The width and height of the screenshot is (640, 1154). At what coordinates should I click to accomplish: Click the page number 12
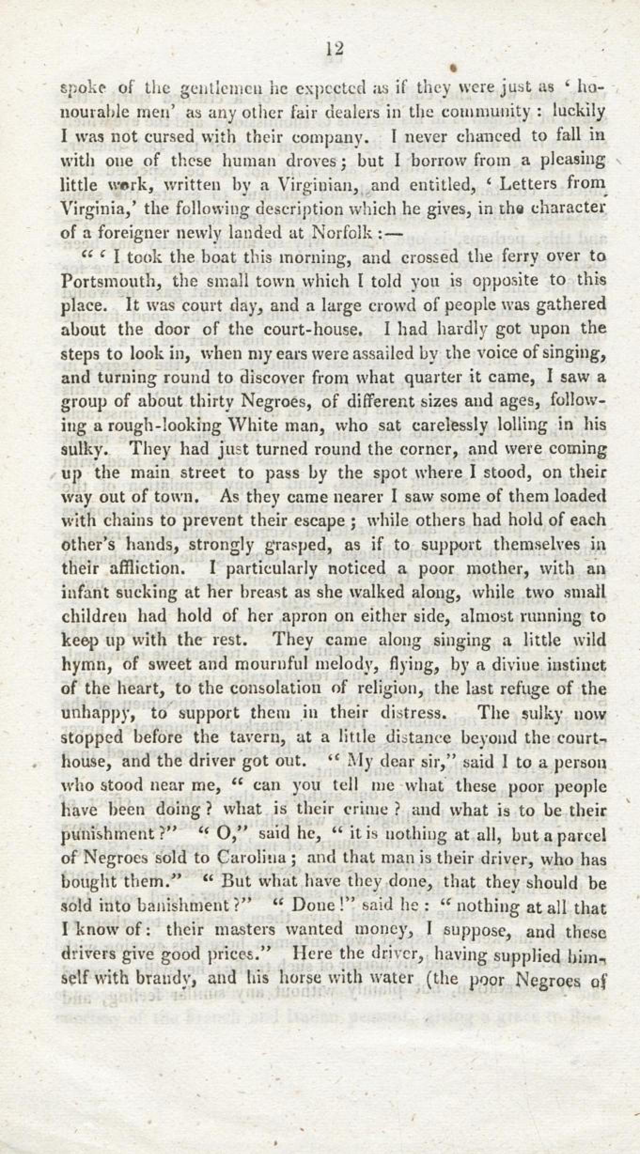pos(335,48)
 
